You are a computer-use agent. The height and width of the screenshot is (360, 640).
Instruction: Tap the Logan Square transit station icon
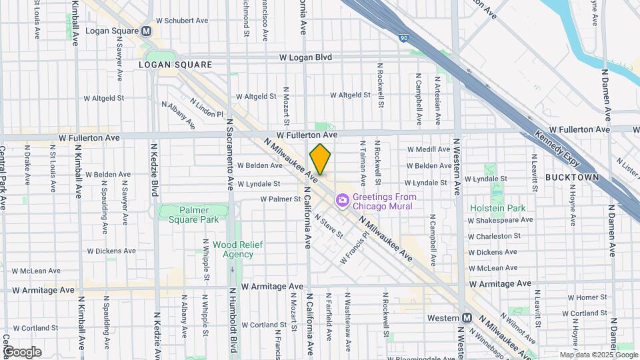146,31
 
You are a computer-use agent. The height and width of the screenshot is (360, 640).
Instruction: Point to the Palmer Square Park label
188,215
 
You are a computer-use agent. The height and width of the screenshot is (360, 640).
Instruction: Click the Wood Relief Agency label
233,249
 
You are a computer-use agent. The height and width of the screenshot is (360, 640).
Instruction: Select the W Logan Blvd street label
305,57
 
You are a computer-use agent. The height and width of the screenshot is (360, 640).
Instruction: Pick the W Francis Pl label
353,249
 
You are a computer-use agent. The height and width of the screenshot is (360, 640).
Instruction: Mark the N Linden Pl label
206,109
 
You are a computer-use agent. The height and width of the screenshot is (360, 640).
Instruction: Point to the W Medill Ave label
429,149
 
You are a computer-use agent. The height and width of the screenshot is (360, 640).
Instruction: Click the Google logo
21,352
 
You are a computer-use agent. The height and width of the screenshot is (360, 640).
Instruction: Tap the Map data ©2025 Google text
598,355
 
